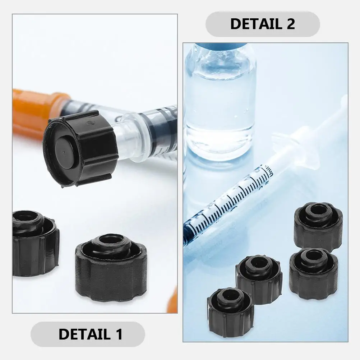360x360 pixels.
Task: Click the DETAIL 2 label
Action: (262, 24)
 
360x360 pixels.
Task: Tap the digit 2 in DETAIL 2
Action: (290, 24)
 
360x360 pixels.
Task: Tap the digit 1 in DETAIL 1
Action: (119, 334)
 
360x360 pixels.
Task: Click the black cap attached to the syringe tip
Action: (81, 147)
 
